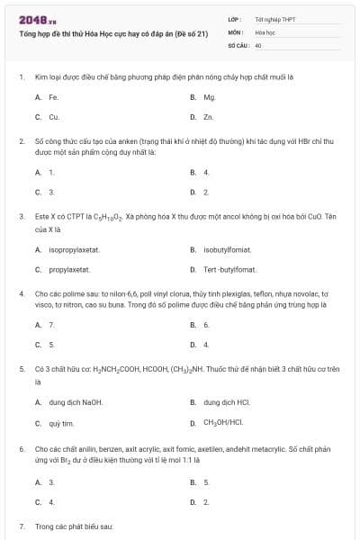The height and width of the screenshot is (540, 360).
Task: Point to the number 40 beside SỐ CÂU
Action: pos(258,43)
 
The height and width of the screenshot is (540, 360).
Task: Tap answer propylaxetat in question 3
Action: pos(68,269)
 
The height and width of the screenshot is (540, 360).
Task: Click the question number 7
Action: pos(22,525)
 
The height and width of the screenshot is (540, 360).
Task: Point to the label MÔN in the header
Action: pos(235,31)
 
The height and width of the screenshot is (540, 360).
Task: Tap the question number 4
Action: pos(22,293)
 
